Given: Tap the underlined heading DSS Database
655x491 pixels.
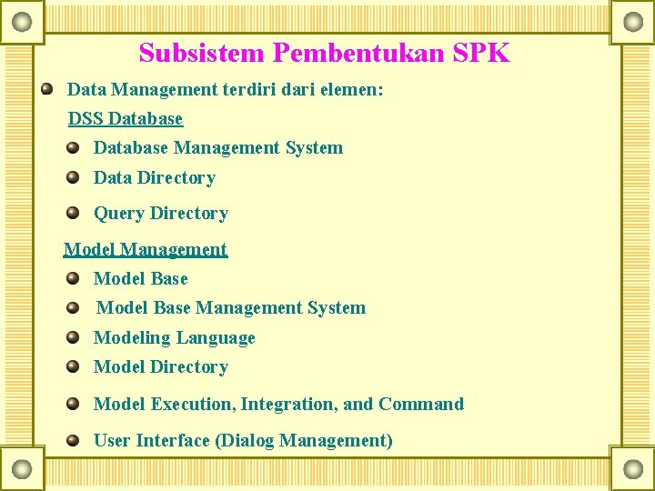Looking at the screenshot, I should [x=126, y=119].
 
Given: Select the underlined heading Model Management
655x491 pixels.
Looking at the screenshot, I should [x=146, y=249].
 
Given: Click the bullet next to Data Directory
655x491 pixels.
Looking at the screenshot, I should [x=73, y=176].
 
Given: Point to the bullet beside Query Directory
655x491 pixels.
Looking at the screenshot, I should [x=73, y=213].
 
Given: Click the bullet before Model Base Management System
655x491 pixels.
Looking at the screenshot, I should [x=73, y=307].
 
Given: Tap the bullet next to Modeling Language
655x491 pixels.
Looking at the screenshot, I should [x=73, y=337].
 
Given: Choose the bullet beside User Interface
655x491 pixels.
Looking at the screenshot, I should [x=73, y=440].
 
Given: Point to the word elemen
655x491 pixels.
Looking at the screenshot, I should [x=350, y=89].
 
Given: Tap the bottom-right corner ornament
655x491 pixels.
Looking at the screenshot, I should [x=632, y=468].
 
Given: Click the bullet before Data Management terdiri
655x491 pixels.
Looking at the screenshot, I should [x=47, y=89].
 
